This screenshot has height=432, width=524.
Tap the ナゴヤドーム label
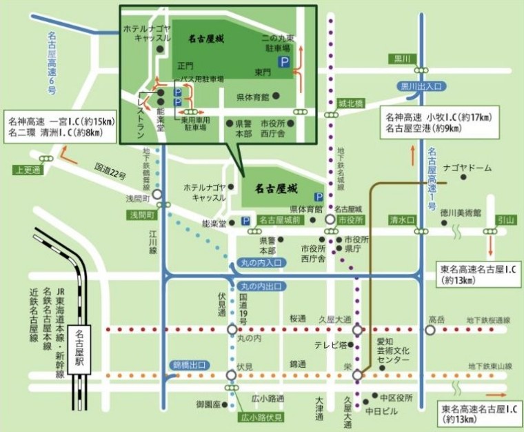[469, 168]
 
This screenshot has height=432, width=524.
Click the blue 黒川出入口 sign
[420, 86]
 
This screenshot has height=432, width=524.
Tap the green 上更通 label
[27, 169]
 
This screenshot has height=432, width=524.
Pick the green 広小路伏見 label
[261, 417]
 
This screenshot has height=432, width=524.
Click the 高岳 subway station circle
[430, 330]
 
